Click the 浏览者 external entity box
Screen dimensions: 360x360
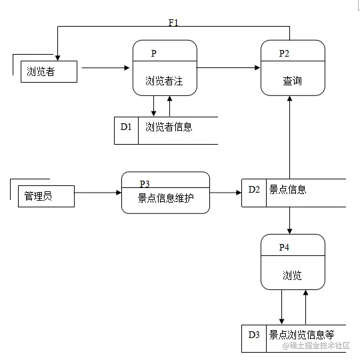pyautogui.click(x=48, y=71)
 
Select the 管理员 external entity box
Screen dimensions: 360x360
pyautogui.click(x=45, y=196)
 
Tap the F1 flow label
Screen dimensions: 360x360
pyautogui.click(x=173, y=23)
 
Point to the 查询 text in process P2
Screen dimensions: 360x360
pyautogui.click(x=292, y=81)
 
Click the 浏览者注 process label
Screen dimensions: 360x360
pyautogui.click(x=164, y=81)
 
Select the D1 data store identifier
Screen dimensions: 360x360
pyautogui.click(x=127, y=126)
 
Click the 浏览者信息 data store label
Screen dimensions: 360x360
pyautogui.click(x=169, y=126)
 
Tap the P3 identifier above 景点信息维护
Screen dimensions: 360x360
pyautogui.click(x=145, y=183)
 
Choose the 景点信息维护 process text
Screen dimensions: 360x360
pyautogui.click(x=165, y=197)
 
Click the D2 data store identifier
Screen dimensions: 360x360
pyautogui.click(x=254, y=189)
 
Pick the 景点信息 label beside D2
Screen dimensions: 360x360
pyautogui.click(x=287, y=189)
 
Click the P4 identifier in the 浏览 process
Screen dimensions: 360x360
pyautogui.click(x=284, y=247)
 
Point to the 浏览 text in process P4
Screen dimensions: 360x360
pyautogui.click(x=292, y=275)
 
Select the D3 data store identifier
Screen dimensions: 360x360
pyautogui.click(x=254, y=334)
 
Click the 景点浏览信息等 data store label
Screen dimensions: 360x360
pyautogui.click(x=301, y=334)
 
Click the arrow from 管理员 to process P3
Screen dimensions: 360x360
pyautogui.click(x=97, y=193)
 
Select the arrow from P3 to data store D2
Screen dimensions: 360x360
pyautogui.click(x=225, y=193)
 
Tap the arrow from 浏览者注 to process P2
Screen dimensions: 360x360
pyautogui.click(x=229, y=67)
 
